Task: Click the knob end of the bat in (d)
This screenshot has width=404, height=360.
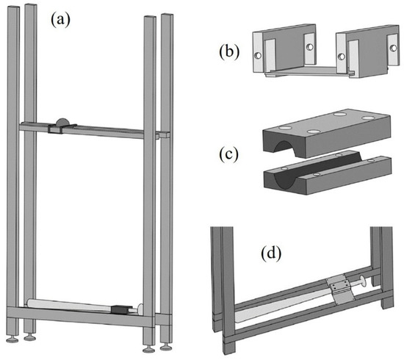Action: pyautogui.click(x=365, y=279)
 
